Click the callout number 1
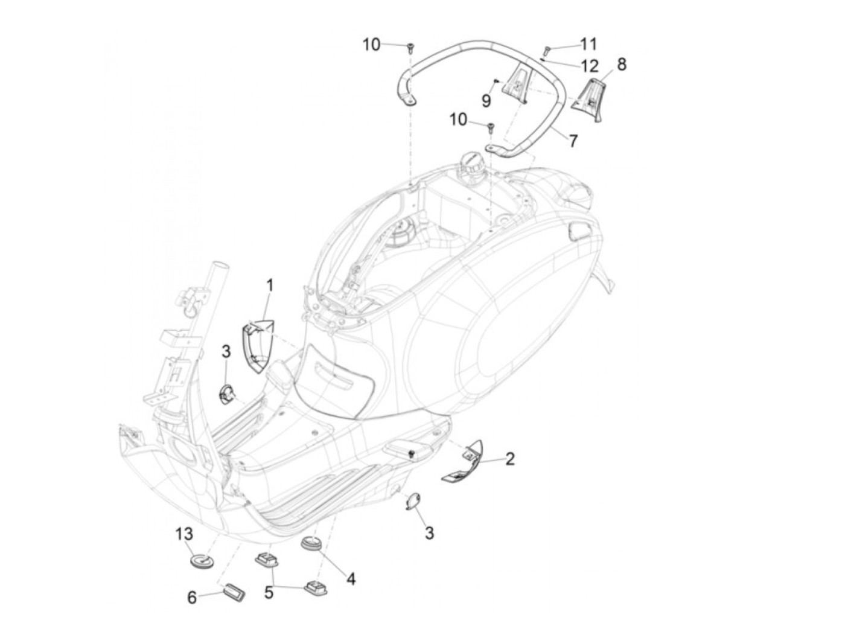(270, 285)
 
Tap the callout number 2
(510, 459)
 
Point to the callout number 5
(269, 592)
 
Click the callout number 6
(192, 598)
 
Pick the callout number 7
(573, 141)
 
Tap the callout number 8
(622, 64)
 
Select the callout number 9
(486, 100)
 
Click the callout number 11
(588, 43)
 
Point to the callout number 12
(590, 65)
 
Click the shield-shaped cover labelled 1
(257, 347)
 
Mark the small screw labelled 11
(547, 49)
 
